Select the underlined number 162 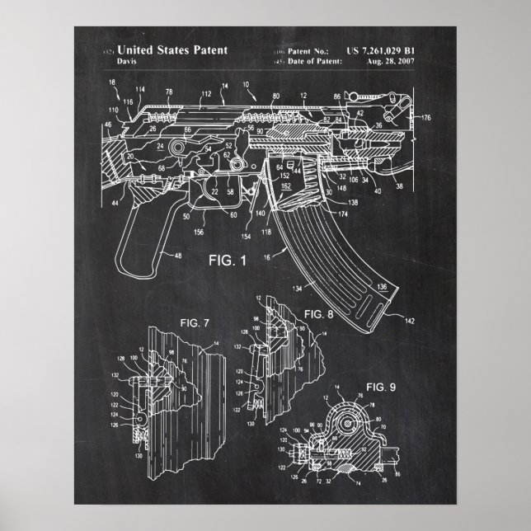285,188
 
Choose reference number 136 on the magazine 381,287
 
